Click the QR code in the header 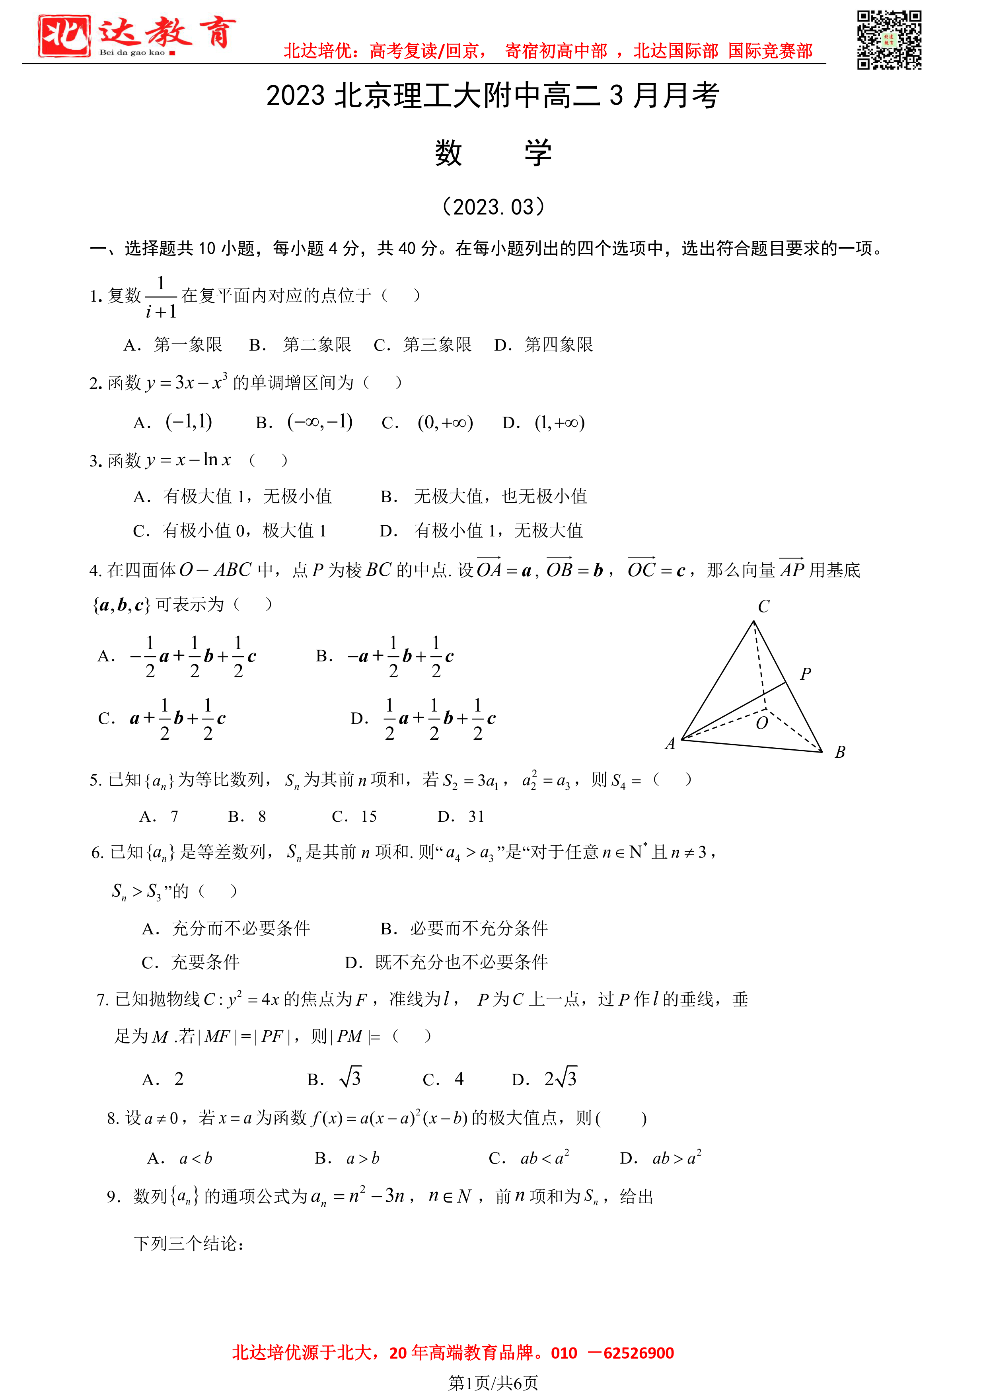(889, 40)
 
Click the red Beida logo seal (64, 37)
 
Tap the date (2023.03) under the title (493, 207)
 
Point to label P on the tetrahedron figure (805, 674)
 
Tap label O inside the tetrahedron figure (761, 723)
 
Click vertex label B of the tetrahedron (840, 752)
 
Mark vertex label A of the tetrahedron (670, 744)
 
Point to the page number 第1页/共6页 (493, 1382)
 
